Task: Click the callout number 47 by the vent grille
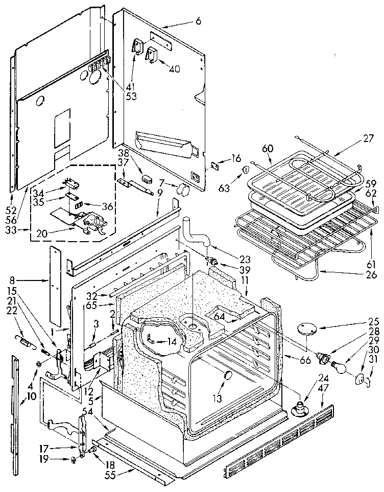[x=323, y=402]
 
